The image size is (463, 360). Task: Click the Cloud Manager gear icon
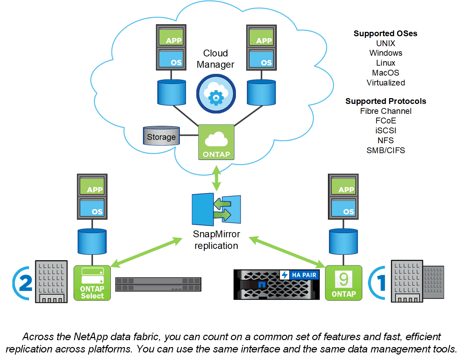(x=216, y=94)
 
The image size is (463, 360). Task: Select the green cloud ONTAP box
(x=216, y=142)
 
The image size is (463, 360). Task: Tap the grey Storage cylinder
(x=161, y=136)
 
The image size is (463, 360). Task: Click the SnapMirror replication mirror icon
(x=216, y=209)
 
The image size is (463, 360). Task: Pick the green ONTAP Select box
(x=92, y=283)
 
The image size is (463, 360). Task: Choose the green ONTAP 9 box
(x=343, y=283)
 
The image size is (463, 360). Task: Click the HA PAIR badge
(x=300, y=275)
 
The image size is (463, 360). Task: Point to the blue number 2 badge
(x=23, y=283)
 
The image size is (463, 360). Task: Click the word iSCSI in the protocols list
(x=385, y=131)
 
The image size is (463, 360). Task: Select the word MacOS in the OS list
(x=385, y=73)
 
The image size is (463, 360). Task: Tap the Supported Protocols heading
(x=385, y=101)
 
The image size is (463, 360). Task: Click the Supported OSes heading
(x=385, y=34)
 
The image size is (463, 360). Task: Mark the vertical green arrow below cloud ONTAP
(x=216, y=178)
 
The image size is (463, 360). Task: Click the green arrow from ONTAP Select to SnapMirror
(x=146, y=252)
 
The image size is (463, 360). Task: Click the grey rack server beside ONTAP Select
(x=158, y=284)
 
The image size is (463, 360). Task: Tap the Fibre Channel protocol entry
(x=385, y=111)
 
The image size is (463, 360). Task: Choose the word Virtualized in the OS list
(x=385, y=83)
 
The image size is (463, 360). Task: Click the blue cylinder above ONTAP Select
(x=92, y=242)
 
